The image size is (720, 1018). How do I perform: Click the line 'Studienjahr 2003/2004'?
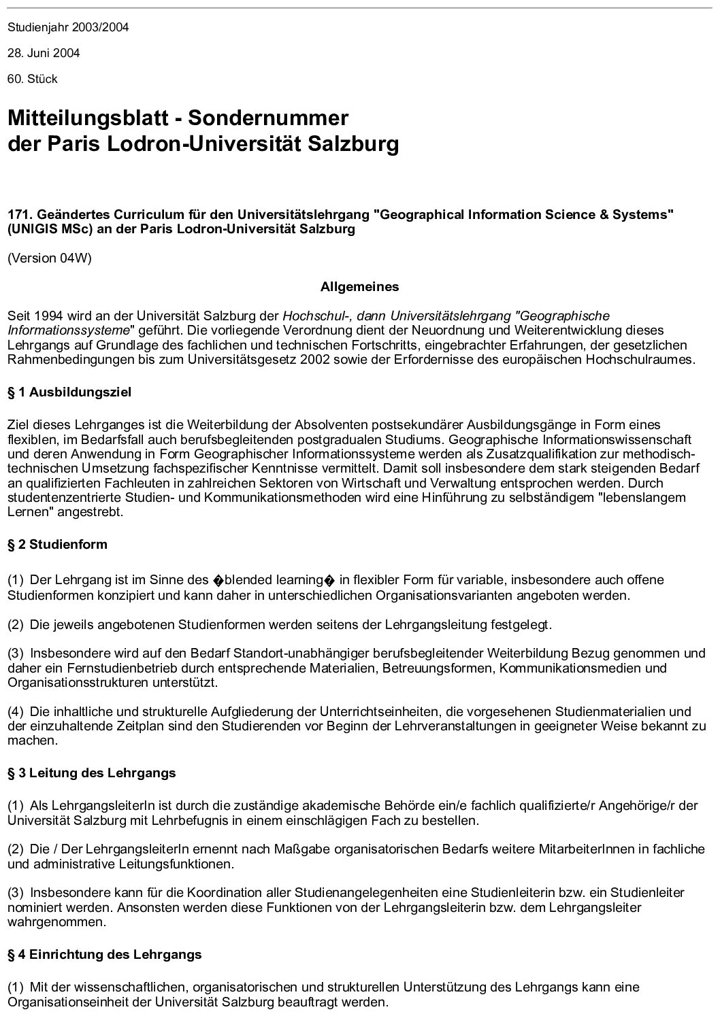pos(68,28)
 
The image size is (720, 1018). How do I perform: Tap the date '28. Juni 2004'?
pos(44,53)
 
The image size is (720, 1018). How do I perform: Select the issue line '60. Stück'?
pos(33,79)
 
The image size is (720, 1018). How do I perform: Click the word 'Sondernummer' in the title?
pos(268,118)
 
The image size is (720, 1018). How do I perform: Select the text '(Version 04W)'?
pos(49,258)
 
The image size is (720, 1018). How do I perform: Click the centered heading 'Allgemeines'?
pos(359,287)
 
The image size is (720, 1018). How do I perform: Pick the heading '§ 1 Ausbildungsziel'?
pos(69,392)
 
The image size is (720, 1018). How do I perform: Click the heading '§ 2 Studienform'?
pos(57,545)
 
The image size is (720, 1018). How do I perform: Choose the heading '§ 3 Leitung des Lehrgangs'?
pos(92,773)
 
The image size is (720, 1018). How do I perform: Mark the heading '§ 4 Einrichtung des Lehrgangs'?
pos(105,955)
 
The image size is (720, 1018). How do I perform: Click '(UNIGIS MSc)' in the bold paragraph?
pos(41,229)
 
